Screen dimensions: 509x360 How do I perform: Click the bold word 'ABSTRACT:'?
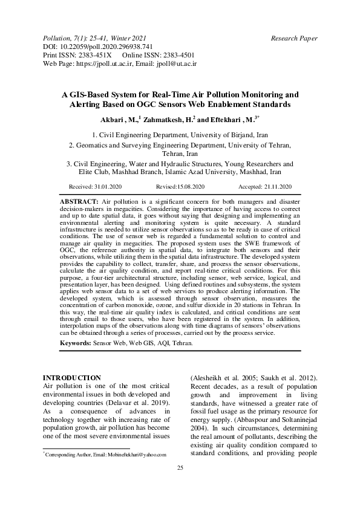79,200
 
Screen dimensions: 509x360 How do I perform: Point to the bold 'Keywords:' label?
76,343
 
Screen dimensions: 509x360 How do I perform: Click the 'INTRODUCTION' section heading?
71,377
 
